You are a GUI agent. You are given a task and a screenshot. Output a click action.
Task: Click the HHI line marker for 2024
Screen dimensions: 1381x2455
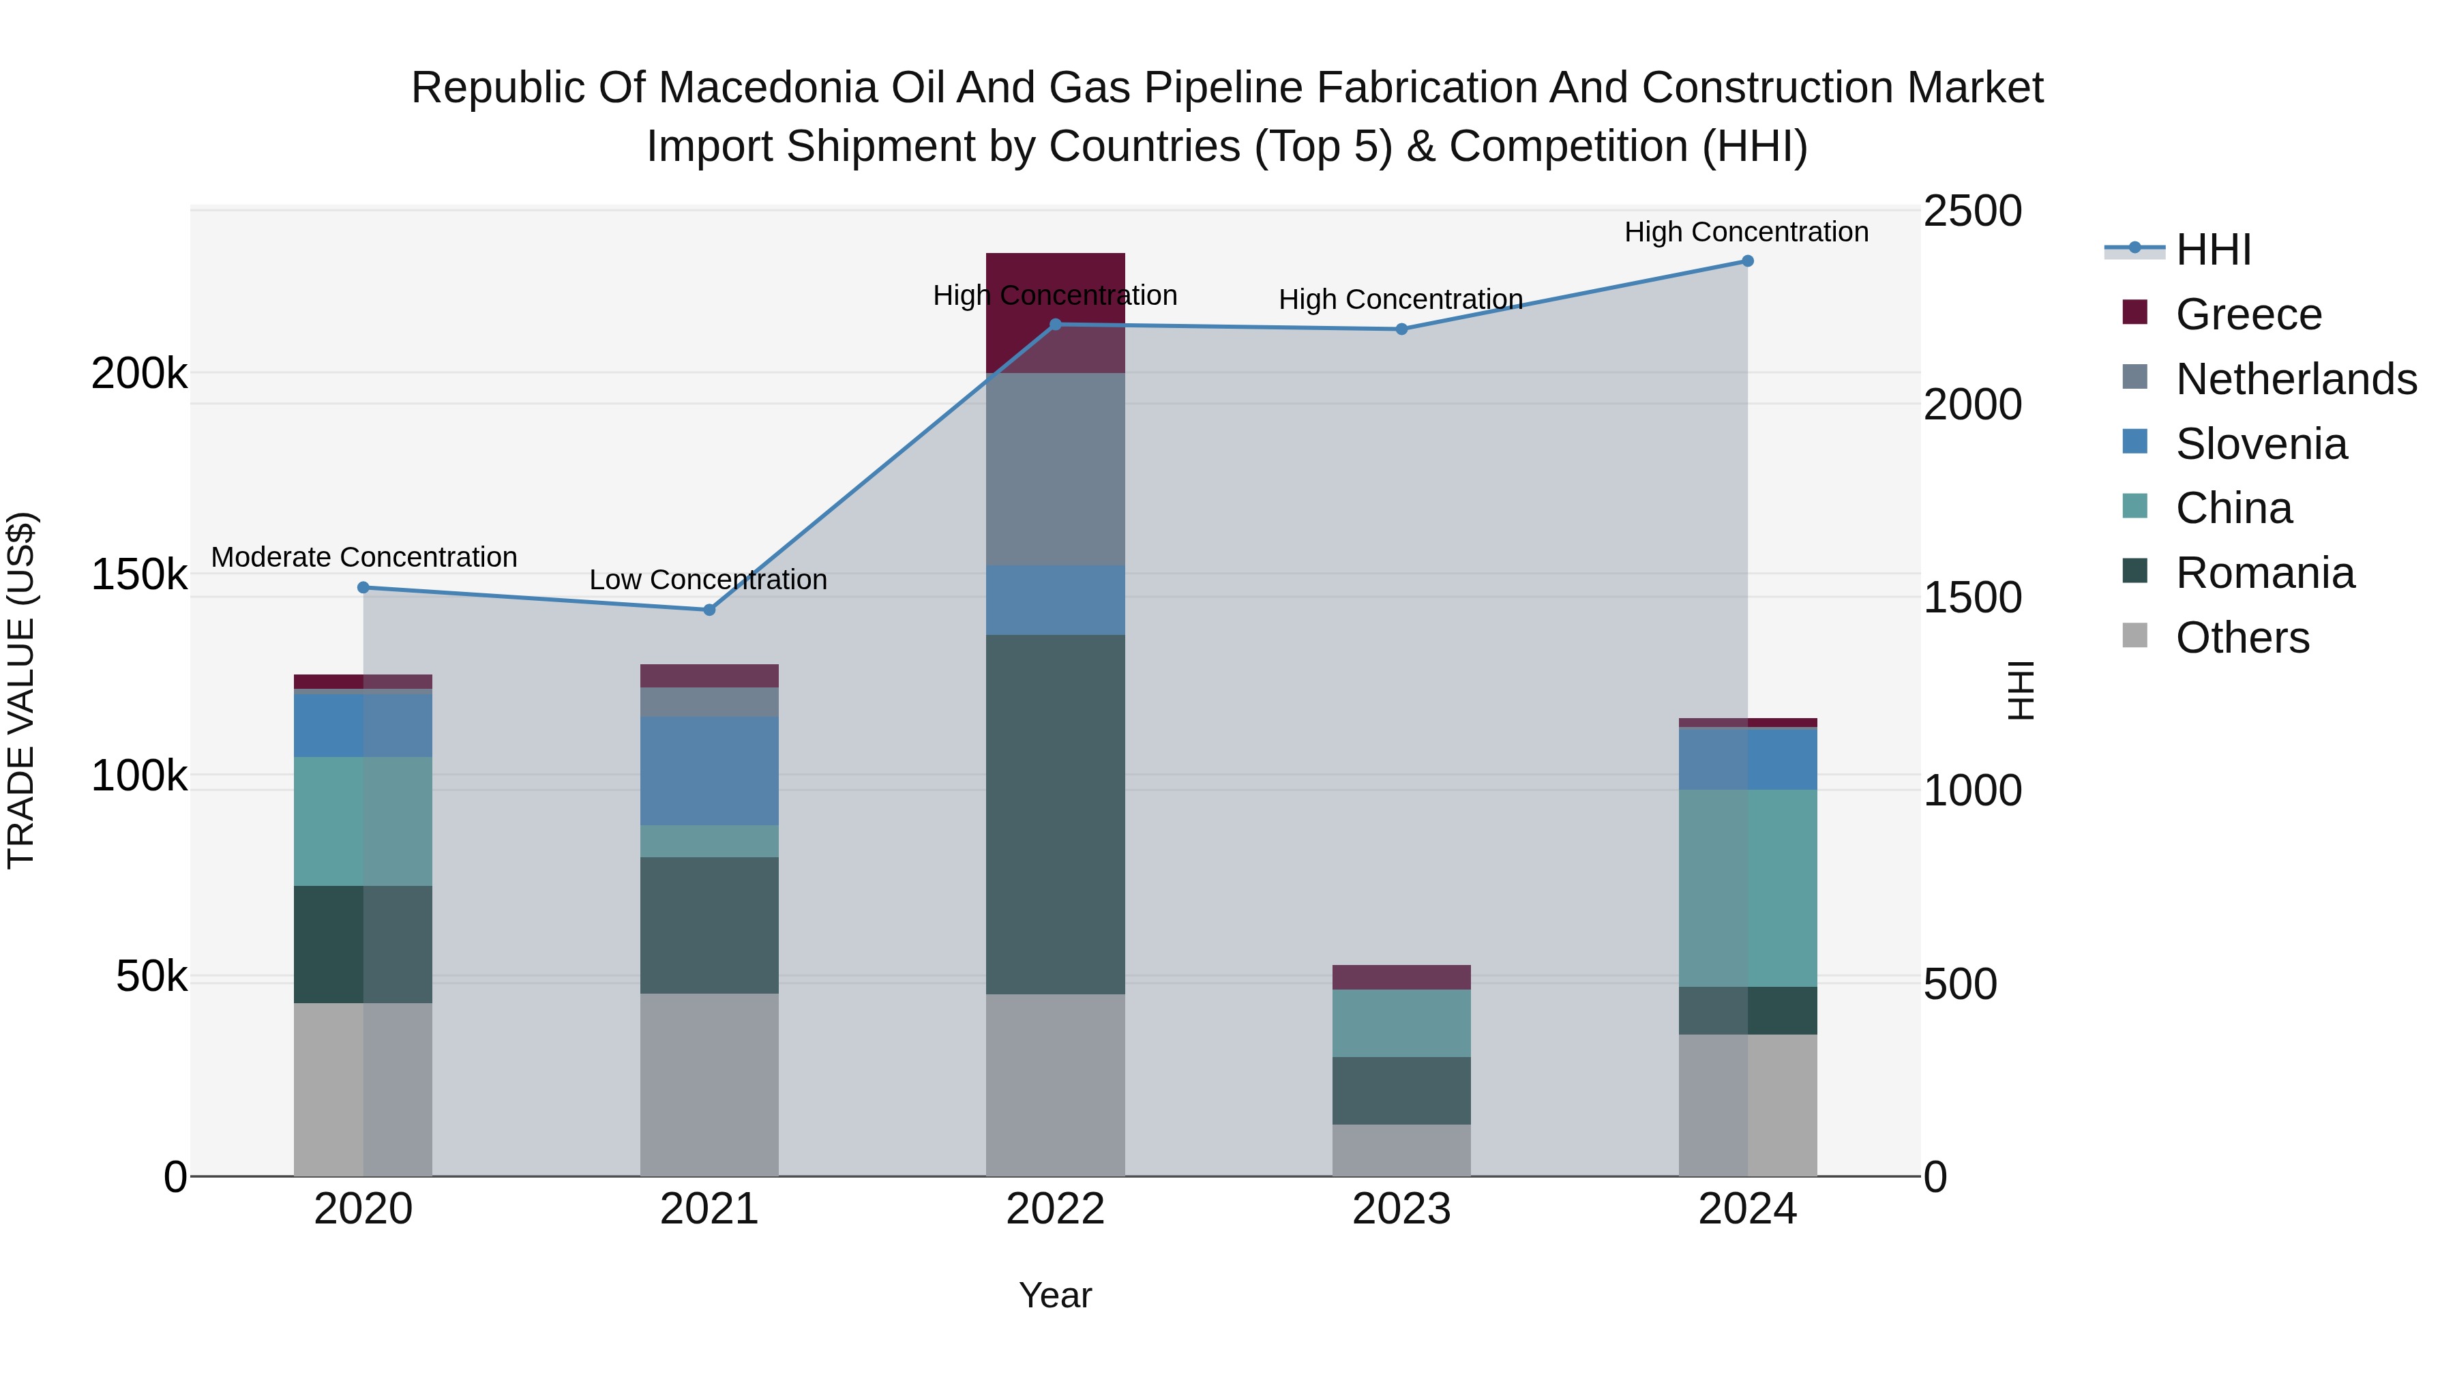point(1747,261)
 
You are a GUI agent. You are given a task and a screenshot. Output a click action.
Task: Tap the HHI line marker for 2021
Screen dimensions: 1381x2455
point(709,610)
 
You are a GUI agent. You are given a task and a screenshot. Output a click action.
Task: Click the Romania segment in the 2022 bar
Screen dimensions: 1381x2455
point(1055,815)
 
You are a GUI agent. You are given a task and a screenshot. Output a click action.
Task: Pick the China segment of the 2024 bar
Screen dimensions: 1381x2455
point(1747,888)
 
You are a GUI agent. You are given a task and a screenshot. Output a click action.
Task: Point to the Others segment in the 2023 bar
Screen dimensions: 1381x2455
point(1401,1150)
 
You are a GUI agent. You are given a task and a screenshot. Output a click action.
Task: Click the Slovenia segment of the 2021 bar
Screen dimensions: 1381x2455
point(709,771)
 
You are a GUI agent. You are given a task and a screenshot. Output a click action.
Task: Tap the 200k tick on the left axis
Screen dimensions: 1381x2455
point(139,374)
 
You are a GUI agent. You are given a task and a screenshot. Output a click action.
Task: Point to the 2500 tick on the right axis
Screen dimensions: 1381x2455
point(1972,211)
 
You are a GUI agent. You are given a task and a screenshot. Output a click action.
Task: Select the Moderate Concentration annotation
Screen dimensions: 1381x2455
point(364,558)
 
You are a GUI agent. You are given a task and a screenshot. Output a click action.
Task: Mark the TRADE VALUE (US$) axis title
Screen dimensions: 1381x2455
point(21,690)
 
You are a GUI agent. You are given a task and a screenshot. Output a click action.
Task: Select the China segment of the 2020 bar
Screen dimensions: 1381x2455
point(363,822)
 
